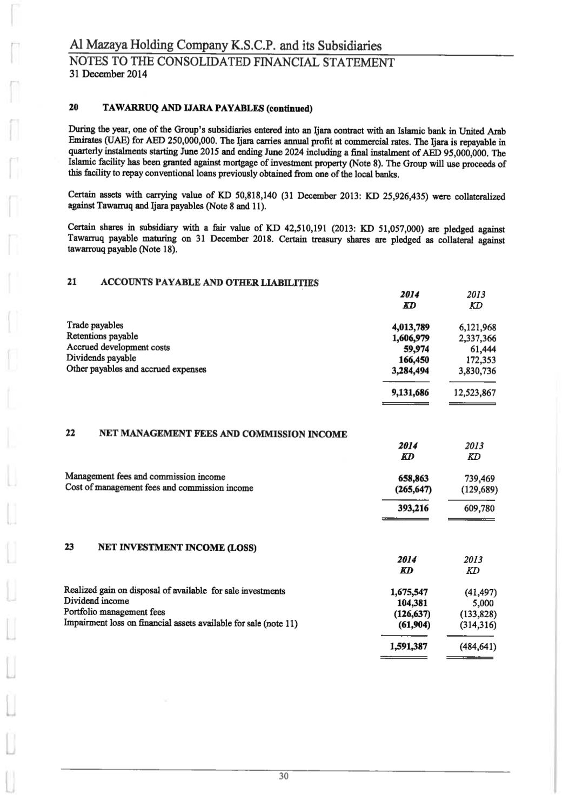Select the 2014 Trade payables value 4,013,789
(410, 326)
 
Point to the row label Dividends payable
(101, 358)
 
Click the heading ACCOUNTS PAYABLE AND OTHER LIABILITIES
(210, 282)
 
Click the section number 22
(70, 433)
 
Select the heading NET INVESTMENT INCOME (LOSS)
(177, 547)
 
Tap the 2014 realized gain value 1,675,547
(409, 592)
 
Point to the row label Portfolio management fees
(114, 612)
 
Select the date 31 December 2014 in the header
(108, 75)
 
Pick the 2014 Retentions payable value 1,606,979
(410, 338)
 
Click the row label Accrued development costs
(118, 347)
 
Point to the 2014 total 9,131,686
(410, 393)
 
